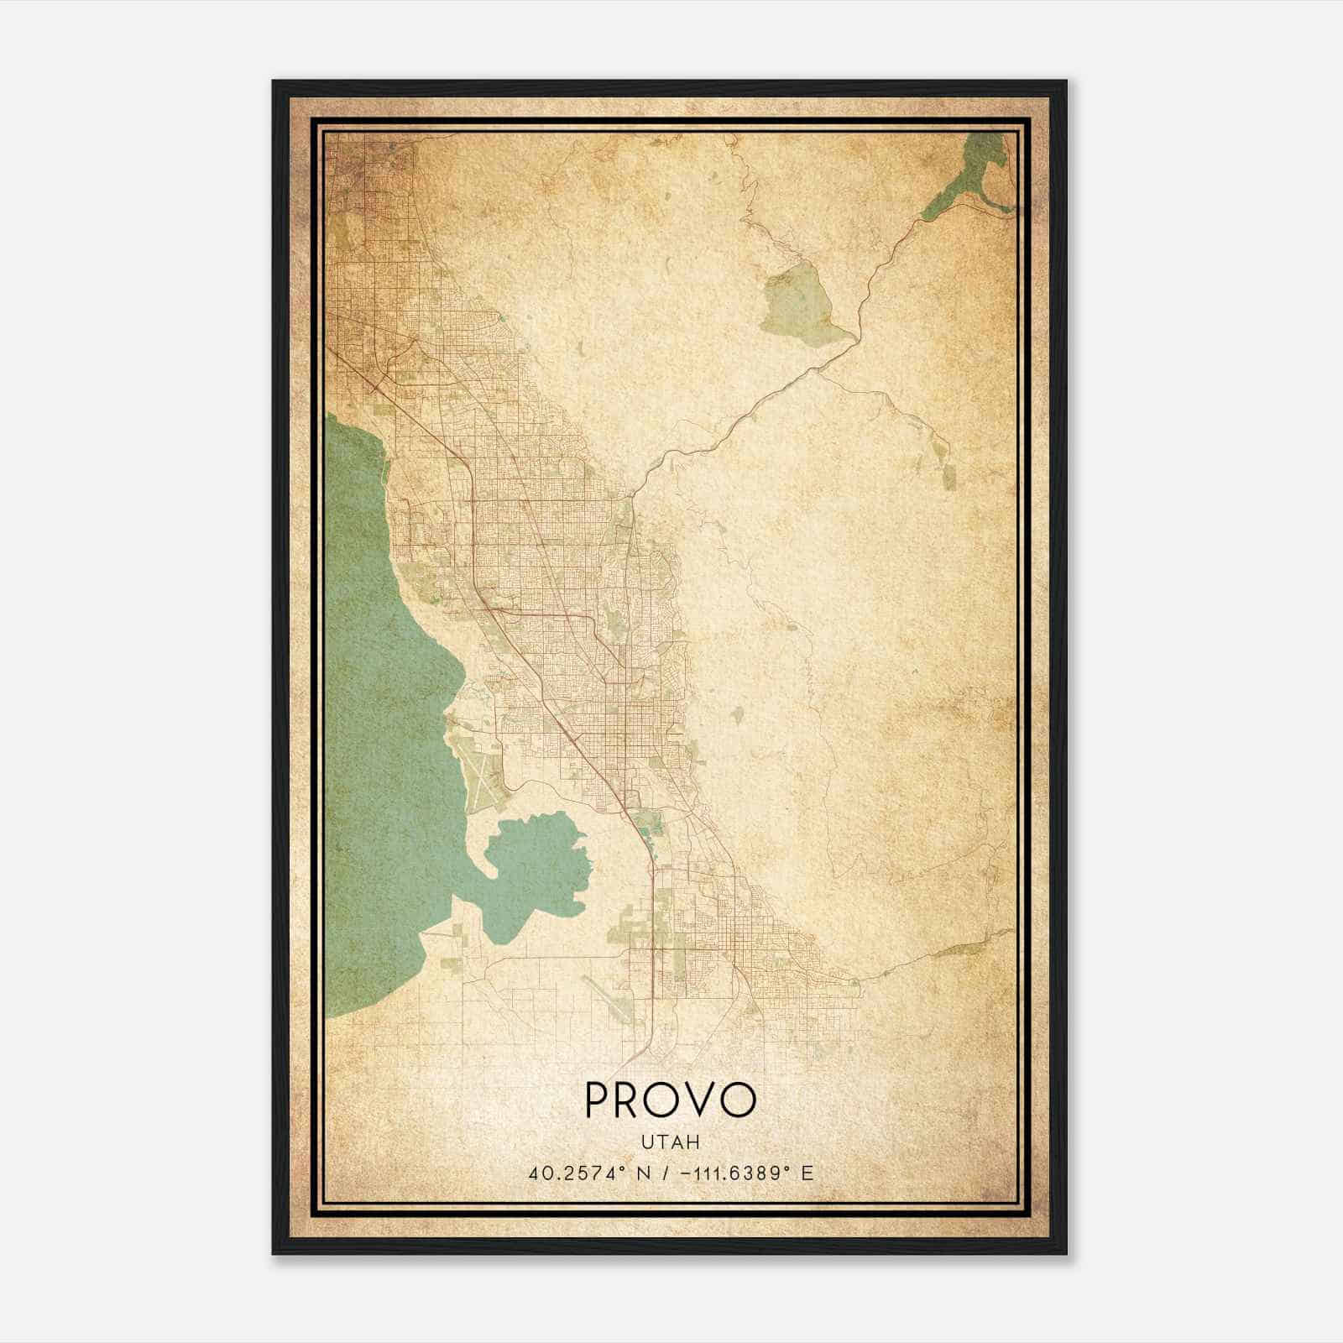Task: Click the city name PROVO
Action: point(671,1100)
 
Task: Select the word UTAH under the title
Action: point(670,1142)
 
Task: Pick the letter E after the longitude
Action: point(807,1173)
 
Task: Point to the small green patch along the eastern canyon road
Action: point(948,475)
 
